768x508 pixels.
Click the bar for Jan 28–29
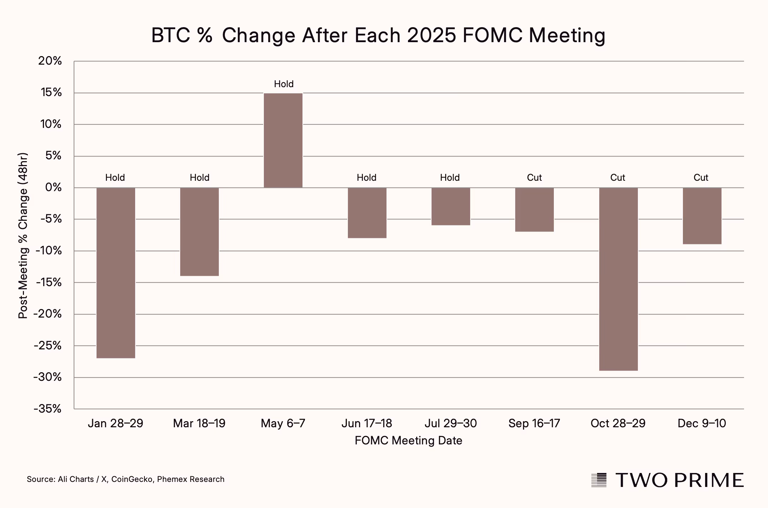(116, 273)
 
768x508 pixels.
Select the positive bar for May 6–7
(283, 140)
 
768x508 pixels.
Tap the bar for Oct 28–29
(618, 279)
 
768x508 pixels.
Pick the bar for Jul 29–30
(451, 206)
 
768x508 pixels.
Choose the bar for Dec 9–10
(702, 216)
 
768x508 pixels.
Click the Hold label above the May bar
(284, 84)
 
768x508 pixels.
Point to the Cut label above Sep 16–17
(534, 178)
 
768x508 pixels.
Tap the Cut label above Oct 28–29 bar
(617, 178)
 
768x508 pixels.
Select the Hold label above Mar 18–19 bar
(200, 178)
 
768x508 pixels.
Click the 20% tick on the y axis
(50, 61)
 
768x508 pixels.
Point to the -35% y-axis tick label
(48, 409)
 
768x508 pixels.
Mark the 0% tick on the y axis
(53, 187)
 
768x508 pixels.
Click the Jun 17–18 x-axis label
(367, 423)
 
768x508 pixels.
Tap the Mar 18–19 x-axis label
(199, 423)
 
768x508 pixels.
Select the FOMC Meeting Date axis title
(408, 440)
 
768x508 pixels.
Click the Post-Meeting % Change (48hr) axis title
(23, 236)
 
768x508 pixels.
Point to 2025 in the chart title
(431, 35)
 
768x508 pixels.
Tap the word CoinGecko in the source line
(132, 479)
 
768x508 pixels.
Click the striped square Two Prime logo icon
(599, 480)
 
